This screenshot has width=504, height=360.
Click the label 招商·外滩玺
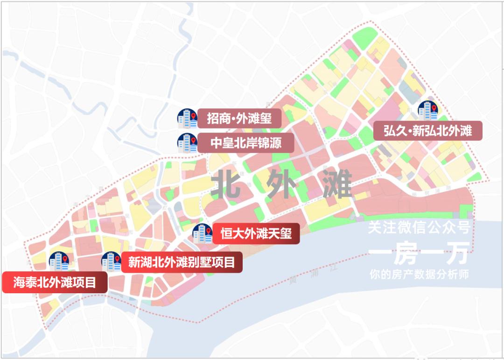click(239, 118)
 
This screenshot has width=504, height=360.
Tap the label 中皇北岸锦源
click(245, 142)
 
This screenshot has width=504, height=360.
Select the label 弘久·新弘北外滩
click(427, 131)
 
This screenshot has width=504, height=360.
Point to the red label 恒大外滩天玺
click(256, 233)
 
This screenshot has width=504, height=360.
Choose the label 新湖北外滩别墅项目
click(182, 262)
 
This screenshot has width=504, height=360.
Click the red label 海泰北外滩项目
click(55, 282)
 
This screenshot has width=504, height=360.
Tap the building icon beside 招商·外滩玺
click(187, 119)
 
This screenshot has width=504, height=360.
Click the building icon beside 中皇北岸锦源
click(187, 143)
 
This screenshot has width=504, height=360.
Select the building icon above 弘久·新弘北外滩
click(427, 111)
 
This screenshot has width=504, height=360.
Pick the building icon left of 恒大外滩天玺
click(203, 233)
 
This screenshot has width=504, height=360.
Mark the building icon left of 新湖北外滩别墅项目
click(111, 262)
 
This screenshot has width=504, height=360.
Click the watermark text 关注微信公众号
click(418, 228)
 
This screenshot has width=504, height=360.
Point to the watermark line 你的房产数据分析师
click(418, 275)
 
